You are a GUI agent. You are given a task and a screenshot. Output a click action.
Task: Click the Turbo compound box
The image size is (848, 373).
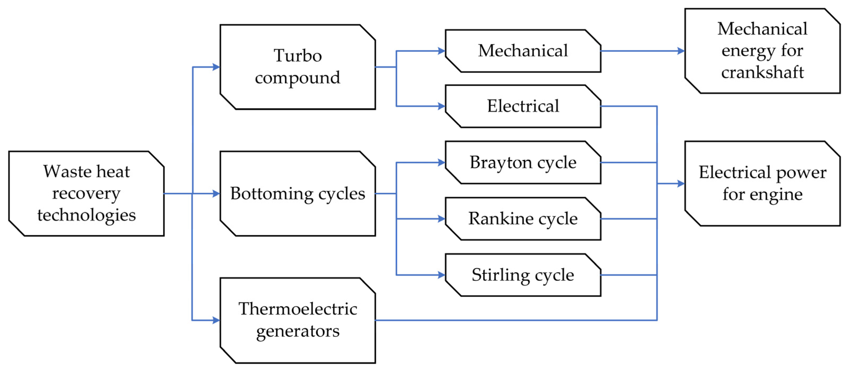coord(298,67)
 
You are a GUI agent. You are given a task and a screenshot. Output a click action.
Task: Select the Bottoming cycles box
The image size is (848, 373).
coord(298,193)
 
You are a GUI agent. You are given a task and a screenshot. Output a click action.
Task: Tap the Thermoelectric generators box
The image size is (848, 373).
coord(298,320)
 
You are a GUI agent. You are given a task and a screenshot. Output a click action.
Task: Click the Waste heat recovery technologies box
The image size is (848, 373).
coord(86,193)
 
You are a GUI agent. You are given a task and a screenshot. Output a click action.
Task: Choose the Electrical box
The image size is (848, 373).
coord(523,106)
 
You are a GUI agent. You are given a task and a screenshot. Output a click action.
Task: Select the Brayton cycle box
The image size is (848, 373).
coord(523,162)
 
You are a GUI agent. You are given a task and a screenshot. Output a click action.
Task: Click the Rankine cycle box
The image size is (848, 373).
coord(523,219)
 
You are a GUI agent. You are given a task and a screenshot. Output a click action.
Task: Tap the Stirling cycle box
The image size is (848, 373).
coord(523,275)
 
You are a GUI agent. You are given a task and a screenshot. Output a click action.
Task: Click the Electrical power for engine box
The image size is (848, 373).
coord(762,183)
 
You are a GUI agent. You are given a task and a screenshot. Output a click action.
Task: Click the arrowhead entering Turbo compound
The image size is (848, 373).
coord(216,67)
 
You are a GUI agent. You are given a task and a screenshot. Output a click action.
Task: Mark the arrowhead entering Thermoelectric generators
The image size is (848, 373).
coord(216,320)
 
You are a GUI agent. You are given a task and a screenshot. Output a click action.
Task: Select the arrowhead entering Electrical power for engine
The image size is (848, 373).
coord(681,183)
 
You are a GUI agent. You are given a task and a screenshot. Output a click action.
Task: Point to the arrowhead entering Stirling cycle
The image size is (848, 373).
coord(442,275)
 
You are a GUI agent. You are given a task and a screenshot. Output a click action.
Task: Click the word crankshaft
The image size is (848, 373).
coord(762,72)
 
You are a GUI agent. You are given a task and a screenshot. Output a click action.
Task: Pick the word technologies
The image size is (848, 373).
coord(86,215)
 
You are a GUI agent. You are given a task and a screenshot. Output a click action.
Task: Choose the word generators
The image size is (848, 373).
coord(298,331)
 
